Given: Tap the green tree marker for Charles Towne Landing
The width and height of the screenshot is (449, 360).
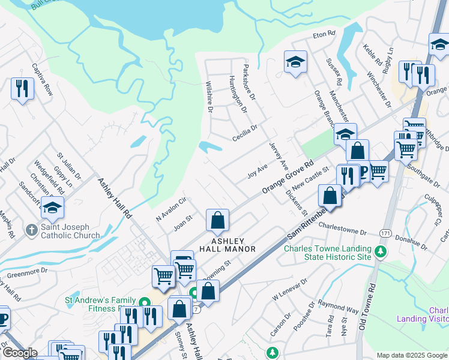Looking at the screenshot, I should pyautogui.click(x=379, y=250).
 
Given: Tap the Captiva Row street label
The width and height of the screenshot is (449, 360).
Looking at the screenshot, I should pyautogui.click(x=43, y=80).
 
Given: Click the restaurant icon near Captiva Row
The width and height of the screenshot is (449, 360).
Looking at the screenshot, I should pyautogui.click(x=22, y=89).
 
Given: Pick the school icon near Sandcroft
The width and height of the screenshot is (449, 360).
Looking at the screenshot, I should pyautogui.click(x=53, y=208).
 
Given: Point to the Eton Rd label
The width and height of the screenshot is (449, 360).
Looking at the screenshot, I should pyautogui.click(x=323, y=35).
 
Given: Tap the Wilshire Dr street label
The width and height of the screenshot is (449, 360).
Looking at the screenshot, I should pyautogui.click(x=209, y=97).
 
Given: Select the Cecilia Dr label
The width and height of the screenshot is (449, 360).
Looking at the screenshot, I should pyautogui.click(x=245, y=133).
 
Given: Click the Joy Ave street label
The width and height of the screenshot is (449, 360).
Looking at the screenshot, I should pyautogui.click(x=257, y=172).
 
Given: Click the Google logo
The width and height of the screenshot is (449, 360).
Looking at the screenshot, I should pyautogui.click(x=20, y=353).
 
